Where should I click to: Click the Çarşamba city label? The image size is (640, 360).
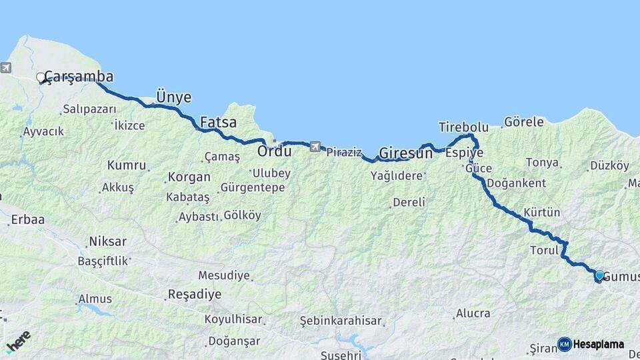coord(79,77)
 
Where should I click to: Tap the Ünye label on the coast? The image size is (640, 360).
coord(173,97)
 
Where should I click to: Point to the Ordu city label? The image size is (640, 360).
coord(275,152)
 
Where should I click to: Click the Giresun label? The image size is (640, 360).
coord(405,153)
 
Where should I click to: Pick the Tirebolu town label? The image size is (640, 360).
coord(463,127)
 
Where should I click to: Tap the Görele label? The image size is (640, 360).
coord(523,122)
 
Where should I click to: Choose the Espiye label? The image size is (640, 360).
coord(464,153)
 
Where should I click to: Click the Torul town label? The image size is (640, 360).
coord(543,251)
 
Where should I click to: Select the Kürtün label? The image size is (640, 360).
coord(541,213)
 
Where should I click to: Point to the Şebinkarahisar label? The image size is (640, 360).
coord(341,320)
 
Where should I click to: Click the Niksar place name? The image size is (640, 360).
coord(107,241)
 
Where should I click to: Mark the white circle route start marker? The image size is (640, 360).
coord(41,77)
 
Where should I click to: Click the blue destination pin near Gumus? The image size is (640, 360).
coord(599,275)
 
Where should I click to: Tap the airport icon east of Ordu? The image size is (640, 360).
coord(314,146)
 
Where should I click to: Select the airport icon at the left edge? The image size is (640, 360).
coord(5,67)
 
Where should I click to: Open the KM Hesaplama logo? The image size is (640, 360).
coord(591,344)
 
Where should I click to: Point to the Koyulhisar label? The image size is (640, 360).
coord(233,319)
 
